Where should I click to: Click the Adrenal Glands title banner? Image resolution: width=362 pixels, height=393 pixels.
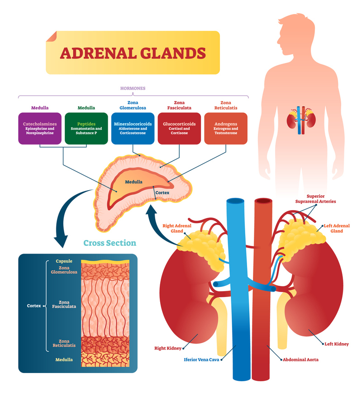point(133,53)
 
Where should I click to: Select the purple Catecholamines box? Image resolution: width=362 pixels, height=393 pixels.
point(40,129)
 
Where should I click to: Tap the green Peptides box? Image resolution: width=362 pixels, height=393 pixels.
point(86,129)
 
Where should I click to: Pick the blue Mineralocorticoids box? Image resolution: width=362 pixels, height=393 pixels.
point(133,129)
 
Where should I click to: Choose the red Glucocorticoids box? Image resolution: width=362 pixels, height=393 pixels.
point(179,129)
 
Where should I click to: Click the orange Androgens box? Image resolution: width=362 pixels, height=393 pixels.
point(225,129)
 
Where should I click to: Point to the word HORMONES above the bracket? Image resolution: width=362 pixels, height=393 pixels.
point(133,88)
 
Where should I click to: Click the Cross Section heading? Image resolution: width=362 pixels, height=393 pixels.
point(110,243)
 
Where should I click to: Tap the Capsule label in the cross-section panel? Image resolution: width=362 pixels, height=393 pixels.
point(64,261)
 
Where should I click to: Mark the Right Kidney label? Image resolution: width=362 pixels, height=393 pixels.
point(168,348)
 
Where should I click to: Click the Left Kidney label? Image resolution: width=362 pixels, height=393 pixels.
point(336,344)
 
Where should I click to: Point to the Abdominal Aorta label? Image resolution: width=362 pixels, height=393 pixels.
point(300,359)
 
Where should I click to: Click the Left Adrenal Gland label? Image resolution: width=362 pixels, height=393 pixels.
point(336,228)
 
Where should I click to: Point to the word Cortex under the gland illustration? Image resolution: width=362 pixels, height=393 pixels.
point(162,192)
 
